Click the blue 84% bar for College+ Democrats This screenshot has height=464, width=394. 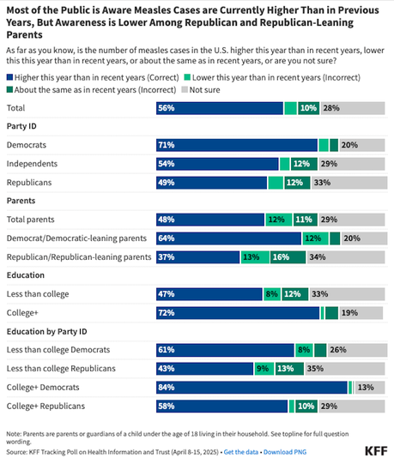pyautogui.click(x=251, y=386)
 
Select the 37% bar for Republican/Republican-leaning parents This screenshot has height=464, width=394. pyautogui.click(x=197, y=256)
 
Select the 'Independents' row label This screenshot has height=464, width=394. pyautogui.click(x=33, y=163)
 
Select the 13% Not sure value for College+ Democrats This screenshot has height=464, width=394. pyautogui.click(x=365, y=386)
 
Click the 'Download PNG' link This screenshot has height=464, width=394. pyautogui.click(x=288, y=450)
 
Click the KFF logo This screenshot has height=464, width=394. pyautogui.click(x=374, y=449)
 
